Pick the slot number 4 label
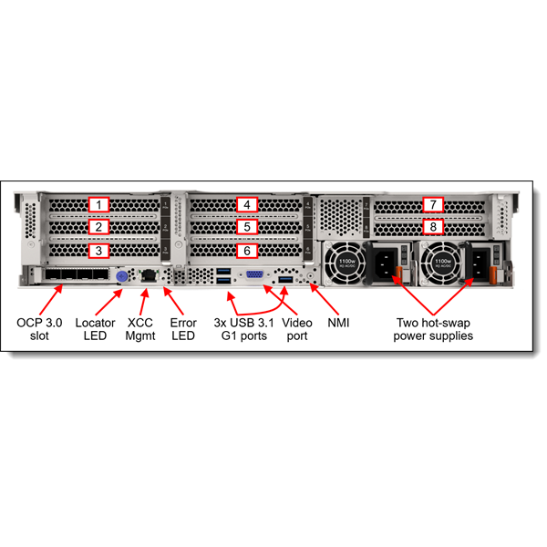[x=244, y=205]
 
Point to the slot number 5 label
[x=244, y=227]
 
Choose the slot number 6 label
[x=244, y=250]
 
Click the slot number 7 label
[x=435, y=205]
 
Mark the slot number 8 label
[x=435, y=226]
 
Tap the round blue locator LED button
[x=121, y=275]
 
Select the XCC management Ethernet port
[x=148, y=274]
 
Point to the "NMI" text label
[x=338, y=323]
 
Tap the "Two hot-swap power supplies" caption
[x=434, y=329]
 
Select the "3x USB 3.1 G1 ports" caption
[x=242, y=329]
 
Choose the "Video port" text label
[x=298, y=329]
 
